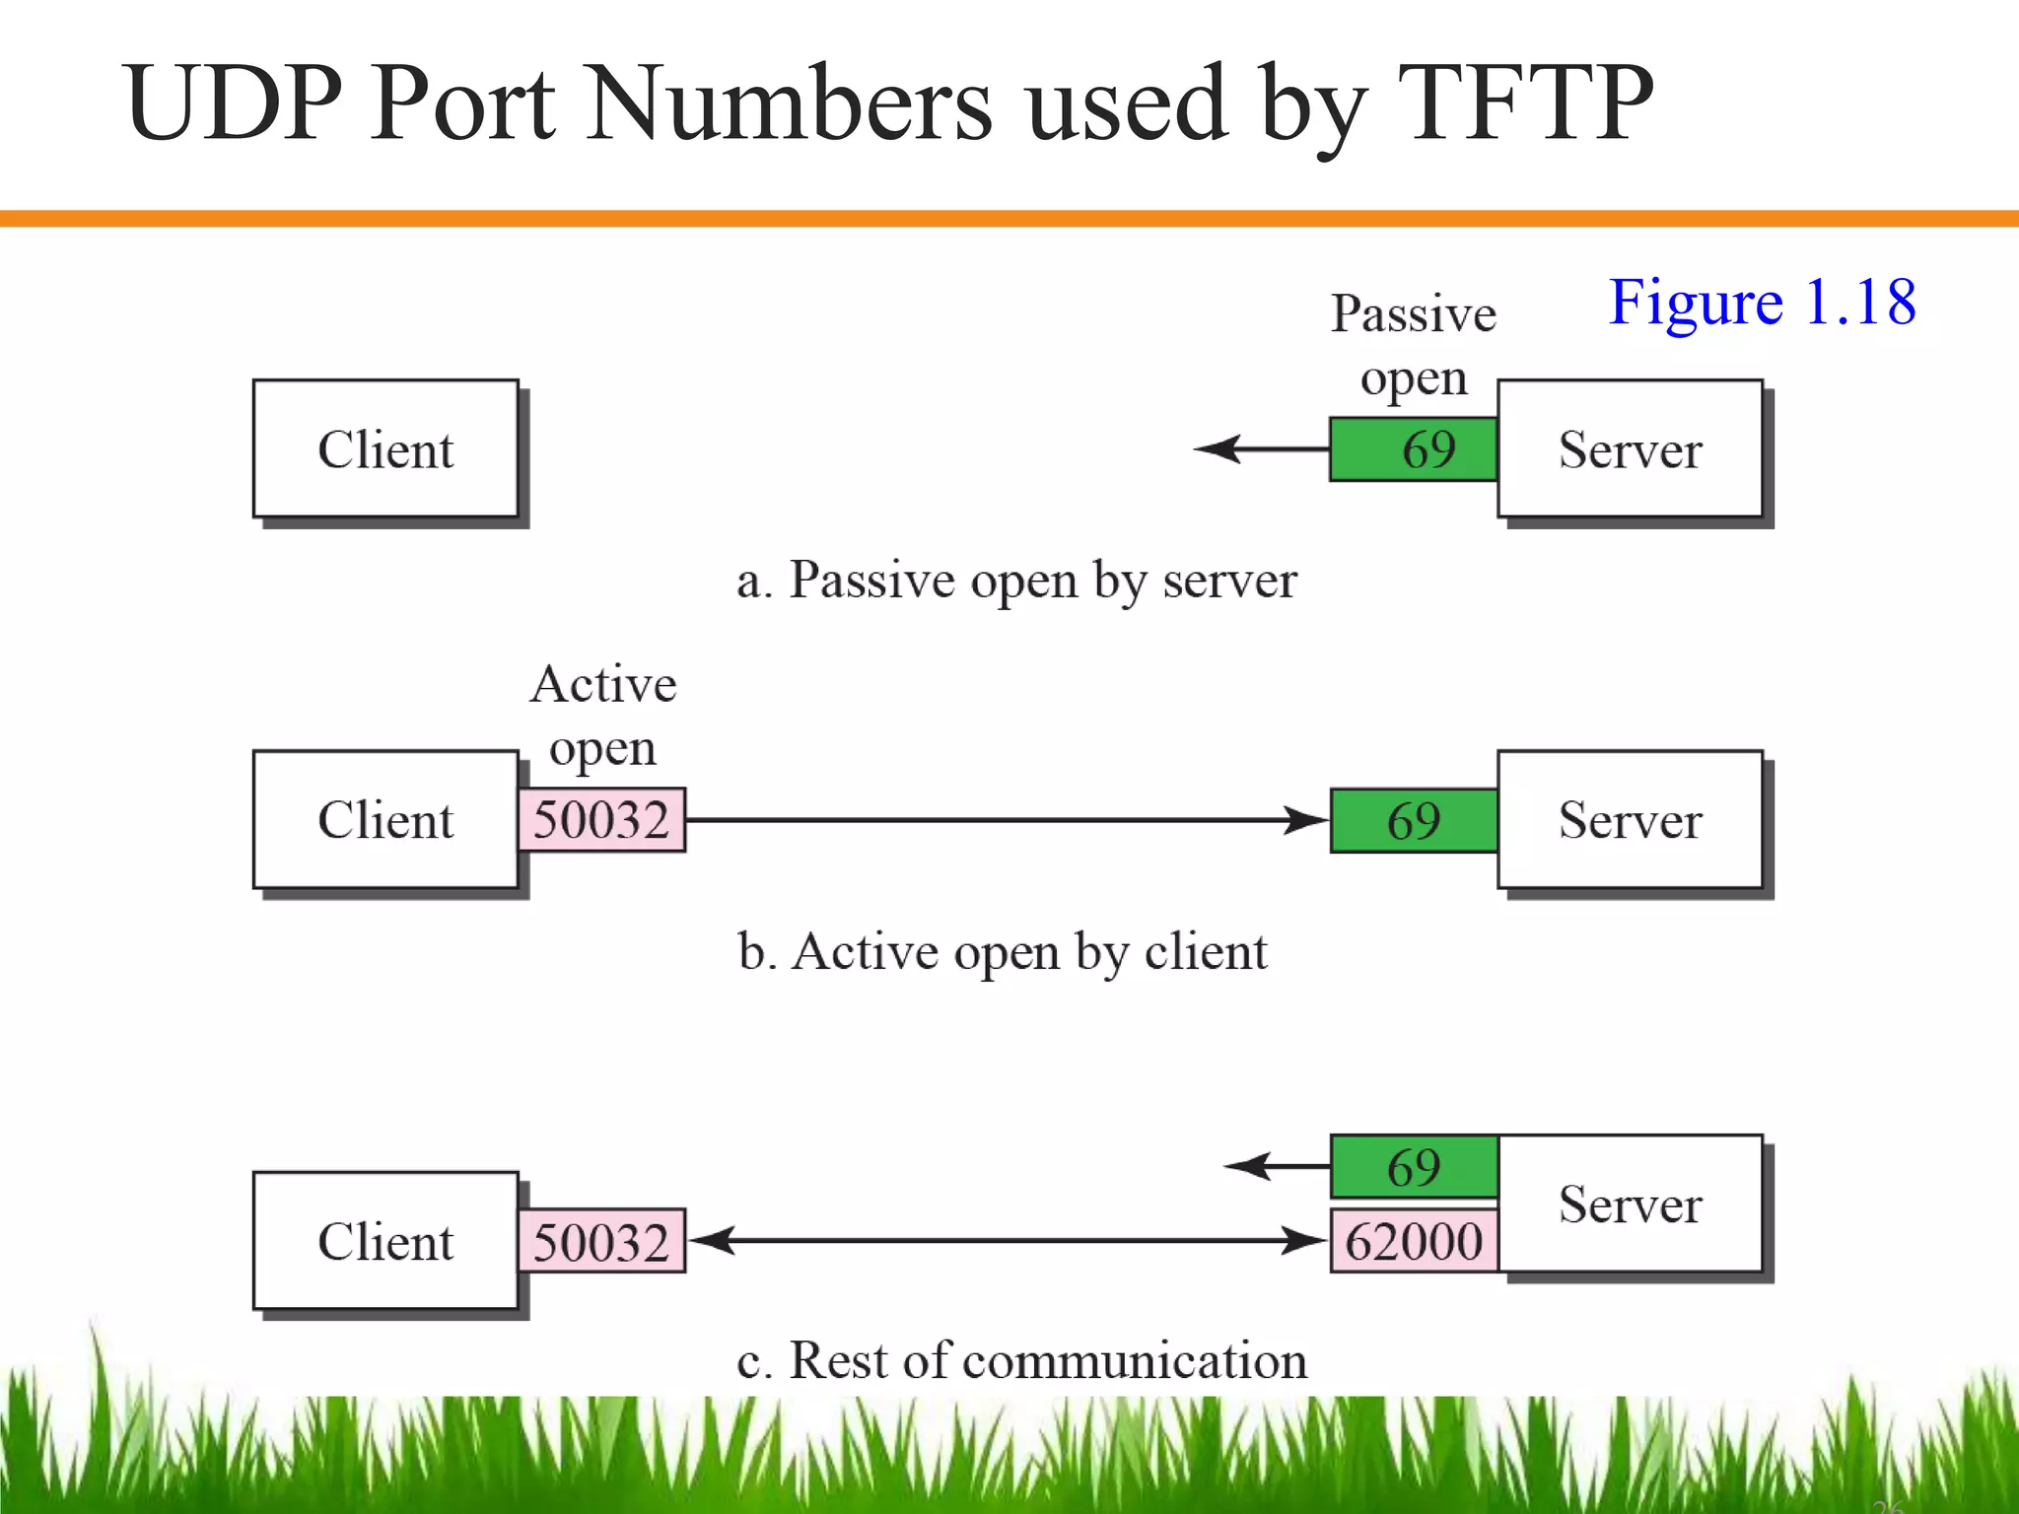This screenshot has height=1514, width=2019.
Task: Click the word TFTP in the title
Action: click(x=1524, y=103)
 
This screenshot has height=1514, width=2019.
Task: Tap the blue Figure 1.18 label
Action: click(x=1762, y=302)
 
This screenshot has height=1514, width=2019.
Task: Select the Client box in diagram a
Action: click(x=385, y=449)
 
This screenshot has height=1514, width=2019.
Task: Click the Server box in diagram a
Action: click(x=1630, y=449)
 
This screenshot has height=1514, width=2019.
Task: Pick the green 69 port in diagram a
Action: click(x=1414, y=449)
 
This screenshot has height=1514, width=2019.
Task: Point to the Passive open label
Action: click(x=1414, y=345)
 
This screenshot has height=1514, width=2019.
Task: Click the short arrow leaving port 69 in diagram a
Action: click(x=1262, y=449)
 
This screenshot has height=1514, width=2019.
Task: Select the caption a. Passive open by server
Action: click(x=1016, y=580)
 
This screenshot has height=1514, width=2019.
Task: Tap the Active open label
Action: click(x=603, y=716)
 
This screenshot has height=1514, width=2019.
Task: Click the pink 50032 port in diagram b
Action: click(x=601, y=820)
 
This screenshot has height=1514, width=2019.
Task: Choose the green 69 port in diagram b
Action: click(x=1414, y=820)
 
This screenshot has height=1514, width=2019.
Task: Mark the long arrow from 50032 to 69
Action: click(x=1006, y=820)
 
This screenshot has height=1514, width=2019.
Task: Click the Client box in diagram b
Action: click(x=385, y=820)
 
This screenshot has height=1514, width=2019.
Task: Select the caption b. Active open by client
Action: click(x=1002, y=952)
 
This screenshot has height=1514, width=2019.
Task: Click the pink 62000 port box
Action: click(x=1414, y=1241)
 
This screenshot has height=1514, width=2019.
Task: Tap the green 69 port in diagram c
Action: click(x=1414, y=1167)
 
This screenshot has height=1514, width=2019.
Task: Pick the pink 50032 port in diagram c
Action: click(x=601, y=1241)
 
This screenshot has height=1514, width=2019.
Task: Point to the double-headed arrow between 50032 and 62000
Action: click(x=1006, y=1241)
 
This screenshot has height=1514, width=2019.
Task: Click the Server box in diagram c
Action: click(x=1630, y=1204)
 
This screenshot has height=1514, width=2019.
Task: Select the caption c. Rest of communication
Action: click(x=1021, y=1361)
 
